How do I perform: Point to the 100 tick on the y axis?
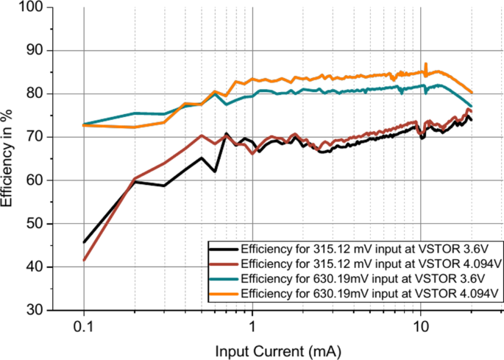(32, 7)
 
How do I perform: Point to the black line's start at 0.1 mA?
(84, 241)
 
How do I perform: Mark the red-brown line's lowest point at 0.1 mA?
(84, 259)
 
